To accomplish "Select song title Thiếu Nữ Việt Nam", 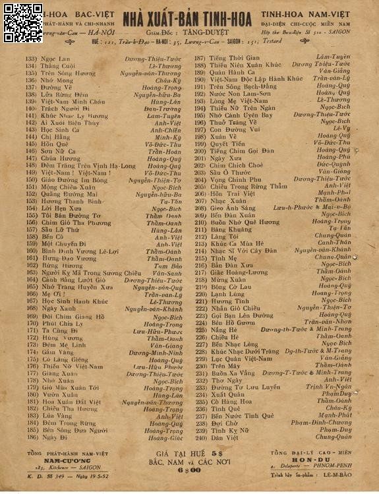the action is (x=63, y=366).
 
